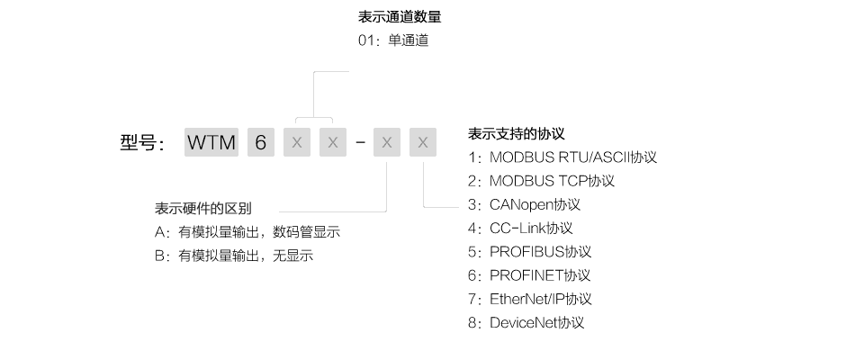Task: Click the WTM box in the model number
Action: (211, 142)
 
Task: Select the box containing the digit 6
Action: (261, 142)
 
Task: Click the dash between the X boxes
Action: (360, 143)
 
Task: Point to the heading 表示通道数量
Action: (400, 16)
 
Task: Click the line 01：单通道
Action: (393, 40)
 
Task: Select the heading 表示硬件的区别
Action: (203, 209)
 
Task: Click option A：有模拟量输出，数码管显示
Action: (247, 232)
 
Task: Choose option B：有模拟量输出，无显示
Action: (234, 256)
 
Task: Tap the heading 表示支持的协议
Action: (517, 133)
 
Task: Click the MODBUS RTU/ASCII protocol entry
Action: (562, 157)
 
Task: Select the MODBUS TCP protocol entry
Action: (541, 181)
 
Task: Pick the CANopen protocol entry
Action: (524, 204)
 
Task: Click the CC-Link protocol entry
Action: (520, 229)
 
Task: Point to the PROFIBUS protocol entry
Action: (529, 252)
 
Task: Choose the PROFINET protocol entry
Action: (529, 275)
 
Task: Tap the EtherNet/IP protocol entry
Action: (529, 300)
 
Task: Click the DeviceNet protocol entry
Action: (526, 323)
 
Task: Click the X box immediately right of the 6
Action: (297, 142)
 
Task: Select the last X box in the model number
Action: (423, 142)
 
